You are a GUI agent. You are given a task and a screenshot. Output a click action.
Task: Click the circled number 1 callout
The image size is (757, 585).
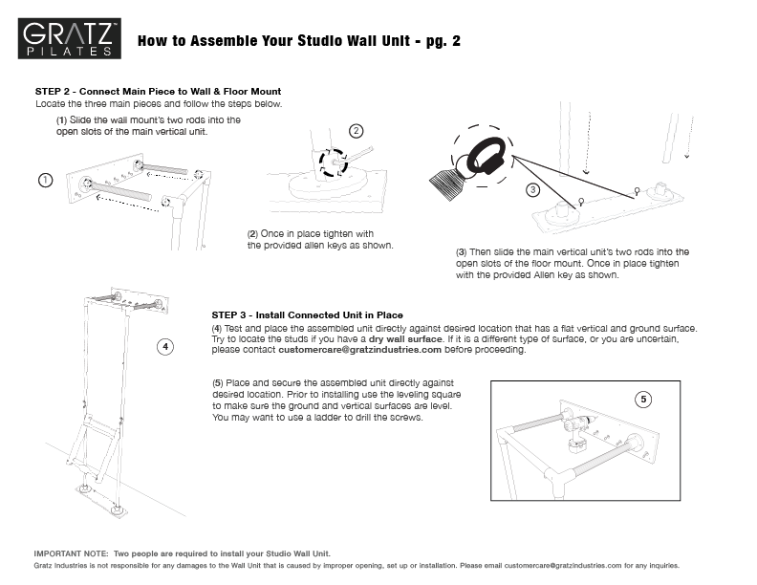[45, 180]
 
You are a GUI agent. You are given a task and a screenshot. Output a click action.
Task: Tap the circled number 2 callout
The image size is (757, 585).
[356, 131]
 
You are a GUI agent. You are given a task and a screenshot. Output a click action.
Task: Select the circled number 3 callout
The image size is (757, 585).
[532, 190]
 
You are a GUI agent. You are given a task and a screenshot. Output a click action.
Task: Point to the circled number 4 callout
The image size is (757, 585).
[166, 347]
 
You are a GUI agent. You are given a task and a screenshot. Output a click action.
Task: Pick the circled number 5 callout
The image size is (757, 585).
[643, 398]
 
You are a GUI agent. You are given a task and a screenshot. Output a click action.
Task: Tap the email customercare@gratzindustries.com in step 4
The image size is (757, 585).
[353, 350]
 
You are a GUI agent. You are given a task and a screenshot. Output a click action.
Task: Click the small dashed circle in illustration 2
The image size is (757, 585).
[335, 162]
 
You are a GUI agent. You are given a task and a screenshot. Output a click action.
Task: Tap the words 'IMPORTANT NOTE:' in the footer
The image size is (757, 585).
[72, 553]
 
